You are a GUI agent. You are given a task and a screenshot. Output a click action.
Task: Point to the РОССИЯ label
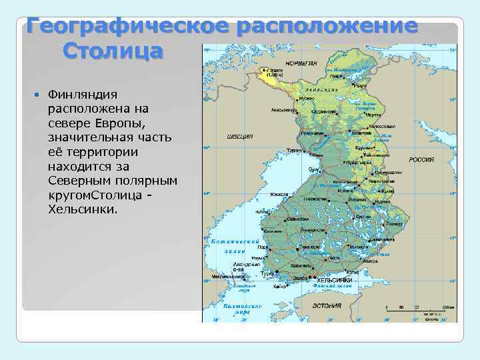[x=421, y=160]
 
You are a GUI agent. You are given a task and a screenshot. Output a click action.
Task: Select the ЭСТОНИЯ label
[x=327, y=305]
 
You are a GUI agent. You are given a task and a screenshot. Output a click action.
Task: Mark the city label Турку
[x=268, y=274]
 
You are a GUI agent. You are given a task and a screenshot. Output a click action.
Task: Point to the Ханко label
[x=280, y=286]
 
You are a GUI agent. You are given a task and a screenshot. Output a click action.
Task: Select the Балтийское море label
[x=237, y=308]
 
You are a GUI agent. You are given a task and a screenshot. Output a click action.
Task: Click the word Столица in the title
[x=113, y=51]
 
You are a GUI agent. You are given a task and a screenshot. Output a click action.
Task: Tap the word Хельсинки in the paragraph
[x=83, y=209]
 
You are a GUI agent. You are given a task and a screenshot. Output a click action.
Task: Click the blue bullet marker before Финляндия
[x=37, y=95]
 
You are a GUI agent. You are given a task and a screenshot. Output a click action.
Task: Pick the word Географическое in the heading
[x=124, y=27]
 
